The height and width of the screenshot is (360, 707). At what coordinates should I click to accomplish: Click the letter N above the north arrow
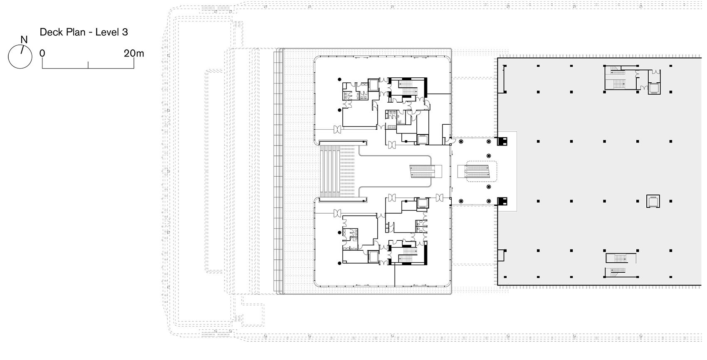pyautogui.click(x=24, y=40)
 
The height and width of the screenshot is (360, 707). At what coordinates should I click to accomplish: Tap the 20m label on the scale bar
pyautogui.click(x=133, y=53)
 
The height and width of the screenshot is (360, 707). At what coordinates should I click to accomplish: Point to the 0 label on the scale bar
pyautogui.click(x=42, y=53)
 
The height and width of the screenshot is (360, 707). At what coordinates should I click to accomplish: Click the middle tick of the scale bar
pyautogui.click(x=88, y=65)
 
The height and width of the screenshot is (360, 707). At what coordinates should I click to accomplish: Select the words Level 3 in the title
pyautogui.click(x=111, y=32)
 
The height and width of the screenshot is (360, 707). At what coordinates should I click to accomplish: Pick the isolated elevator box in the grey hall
pyautogui.click(x=653, y=201)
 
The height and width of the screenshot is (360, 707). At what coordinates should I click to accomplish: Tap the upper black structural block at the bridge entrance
pyautogui.click(x=503, y=141)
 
